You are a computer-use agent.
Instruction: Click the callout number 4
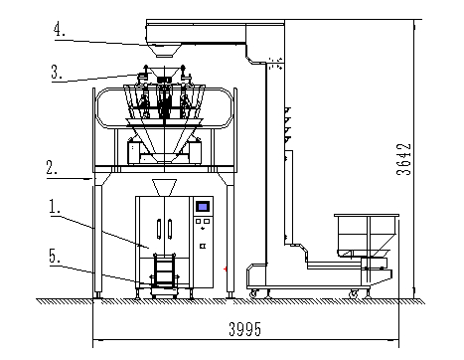coord(59,29)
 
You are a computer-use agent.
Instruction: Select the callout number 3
coord(57,72)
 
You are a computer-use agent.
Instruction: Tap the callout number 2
coord(52,168)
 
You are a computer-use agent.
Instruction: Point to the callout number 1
coord(55,206)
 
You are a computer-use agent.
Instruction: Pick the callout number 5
coord(55,256)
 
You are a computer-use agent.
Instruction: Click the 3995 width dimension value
coord(244,329)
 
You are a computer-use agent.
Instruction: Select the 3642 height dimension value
coord(403,159)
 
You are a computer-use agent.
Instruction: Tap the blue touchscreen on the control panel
coord(203,207)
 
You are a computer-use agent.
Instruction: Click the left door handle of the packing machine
coord(159,229)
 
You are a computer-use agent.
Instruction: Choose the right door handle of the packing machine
coord(170,229)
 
